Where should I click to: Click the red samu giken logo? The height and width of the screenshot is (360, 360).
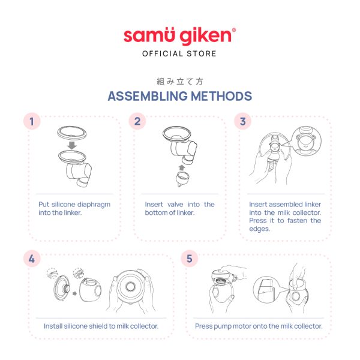click(x=179, y=36)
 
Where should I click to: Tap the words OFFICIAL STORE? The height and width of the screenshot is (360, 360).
click(x=179, y=54)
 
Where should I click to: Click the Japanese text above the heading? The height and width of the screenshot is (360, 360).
click(x=180, y=81)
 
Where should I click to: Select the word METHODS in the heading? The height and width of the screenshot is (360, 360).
click(x=221, y=96)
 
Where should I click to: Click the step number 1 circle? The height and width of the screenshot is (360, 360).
click(x=32, y=121)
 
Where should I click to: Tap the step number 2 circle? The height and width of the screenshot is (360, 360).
click(x=137, y=121)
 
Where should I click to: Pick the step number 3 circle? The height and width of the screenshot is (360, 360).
click(x=242, y=121)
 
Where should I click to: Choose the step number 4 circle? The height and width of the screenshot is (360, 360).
click(x=32, y=259)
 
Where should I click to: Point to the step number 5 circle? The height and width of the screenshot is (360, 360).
click(x=190, y=259)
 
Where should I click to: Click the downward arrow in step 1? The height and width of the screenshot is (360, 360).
click(x=72, y=145)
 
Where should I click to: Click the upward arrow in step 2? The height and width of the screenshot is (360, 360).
click(x=182, y=167)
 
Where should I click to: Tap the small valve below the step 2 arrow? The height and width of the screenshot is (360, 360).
click(x=183, y=179)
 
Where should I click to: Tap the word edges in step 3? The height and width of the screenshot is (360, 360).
click(x=259, y=229)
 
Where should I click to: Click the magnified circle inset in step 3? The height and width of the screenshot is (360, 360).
click(x=306, y=142)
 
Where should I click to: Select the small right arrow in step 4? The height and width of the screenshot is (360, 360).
click(x=74, y=293)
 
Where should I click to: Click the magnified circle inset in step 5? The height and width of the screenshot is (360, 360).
click(x=267, y=290)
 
